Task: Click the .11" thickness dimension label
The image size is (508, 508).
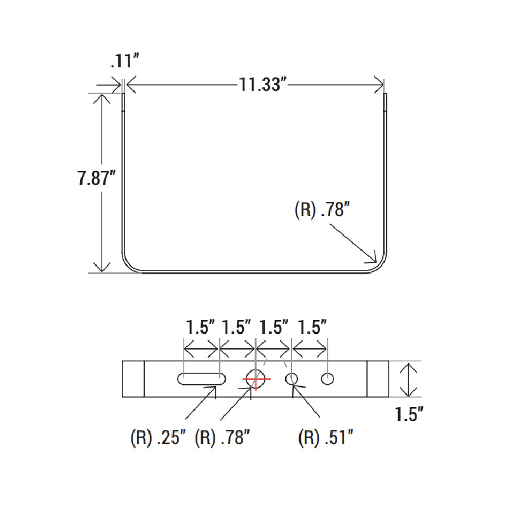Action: [x=124, y=62]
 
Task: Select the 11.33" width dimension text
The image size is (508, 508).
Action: [x=260, y=84]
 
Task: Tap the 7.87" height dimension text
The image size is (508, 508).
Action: [x=95, y=178]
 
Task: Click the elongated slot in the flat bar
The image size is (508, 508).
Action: [x=201, y=379]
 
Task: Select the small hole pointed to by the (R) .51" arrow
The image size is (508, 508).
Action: [x=292, y=379]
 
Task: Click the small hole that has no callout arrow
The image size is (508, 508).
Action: [x=328, y=379]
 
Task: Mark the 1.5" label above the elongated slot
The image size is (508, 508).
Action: [x=201, y=328]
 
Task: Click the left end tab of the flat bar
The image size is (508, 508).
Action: [x=133, y=379]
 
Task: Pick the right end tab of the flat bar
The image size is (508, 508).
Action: [x=378, y=379]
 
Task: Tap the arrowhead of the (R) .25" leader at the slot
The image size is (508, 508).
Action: [x=214, y=389]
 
